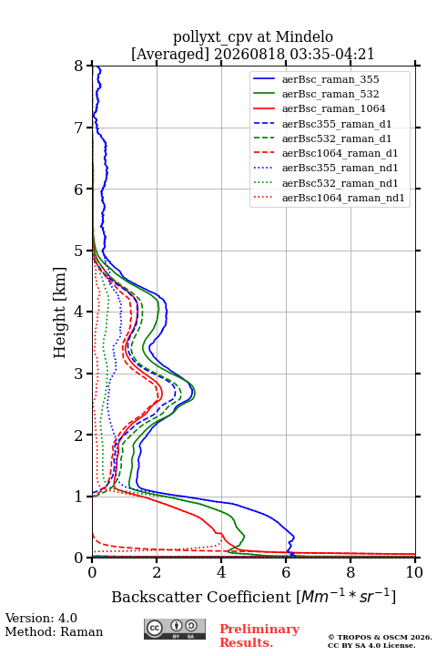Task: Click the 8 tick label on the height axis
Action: (x=79, y=66)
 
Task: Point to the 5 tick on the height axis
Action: (x=89, y=251)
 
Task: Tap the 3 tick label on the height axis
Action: (x=79, y=374)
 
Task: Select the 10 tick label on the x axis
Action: (x=414, y=572)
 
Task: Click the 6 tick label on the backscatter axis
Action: (x=286, y=572)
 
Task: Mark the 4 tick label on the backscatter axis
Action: (x=221, y=572)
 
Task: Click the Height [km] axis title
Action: (x=60, y=313)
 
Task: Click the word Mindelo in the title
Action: (x=304, y=36)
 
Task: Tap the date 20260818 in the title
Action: (x=249, y=54)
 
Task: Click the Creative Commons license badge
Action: (x=175, y=629)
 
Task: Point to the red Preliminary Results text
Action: (x=259, y=636)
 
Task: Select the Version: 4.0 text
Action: (x=41, y=618)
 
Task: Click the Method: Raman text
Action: (x=54, y=631)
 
